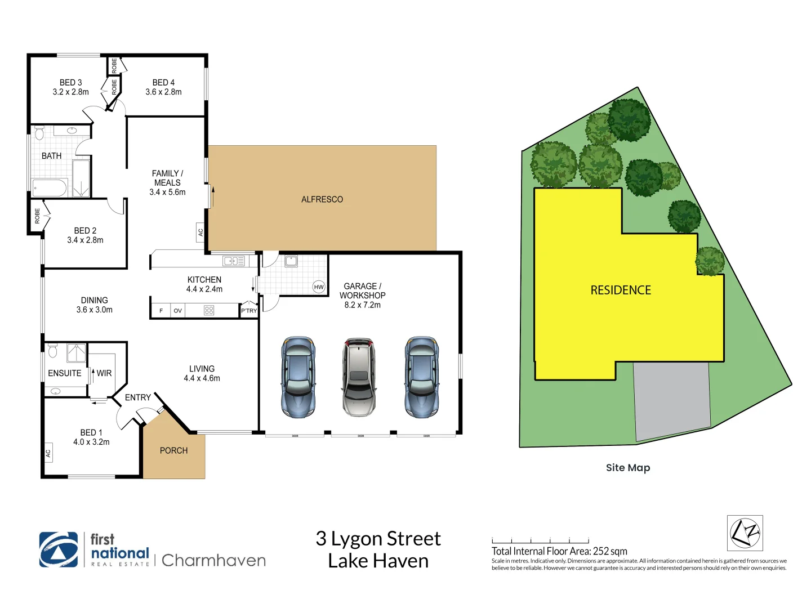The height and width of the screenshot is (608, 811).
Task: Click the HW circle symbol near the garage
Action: [x=319, y=287]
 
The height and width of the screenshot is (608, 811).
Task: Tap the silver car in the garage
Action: [x=359, y=377]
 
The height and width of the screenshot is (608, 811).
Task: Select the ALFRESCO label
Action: [x=322, y=199]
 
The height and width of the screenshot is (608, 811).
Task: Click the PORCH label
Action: [x=173, y=450]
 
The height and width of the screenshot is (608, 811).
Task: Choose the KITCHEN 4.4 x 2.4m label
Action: [x=204, y=284]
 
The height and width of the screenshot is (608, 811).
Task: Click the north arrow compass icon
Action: [x=745, y=533]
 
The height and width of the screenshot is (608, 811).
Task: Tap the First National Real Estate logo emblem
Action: [x=59, y=549]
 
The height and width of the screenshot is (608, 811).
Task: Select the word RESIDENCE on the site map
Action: [x=621, y=290]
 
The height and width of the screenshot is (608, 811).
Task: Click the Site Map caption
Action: [x=627, y=468]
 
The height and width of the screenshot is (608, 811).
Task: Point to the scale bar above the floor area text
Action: [x=540, y=540]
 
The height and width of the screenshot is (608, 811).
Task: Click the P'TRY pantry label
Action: [x=249, y=310]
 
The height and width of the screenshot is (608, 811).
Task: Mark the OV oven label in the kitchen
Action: [x=177, y=311]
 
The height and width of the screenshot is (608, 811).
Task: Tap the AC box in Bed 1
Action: [x=48, y=453]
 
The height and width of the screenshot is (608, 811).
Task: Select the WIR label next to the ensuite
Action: [x=104, y=373]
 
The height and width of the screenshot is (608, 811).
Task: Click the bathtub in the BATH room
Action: [x=50, y=187]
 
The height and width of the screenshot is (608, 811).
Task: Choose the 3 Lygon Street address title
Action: [x=378, y=539]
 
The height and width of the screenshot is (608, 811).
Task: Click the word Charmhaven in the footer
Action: [x=213, y=561]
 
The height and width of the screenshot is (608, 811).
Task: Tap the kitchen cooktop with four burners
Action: [x=209, y=310]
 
